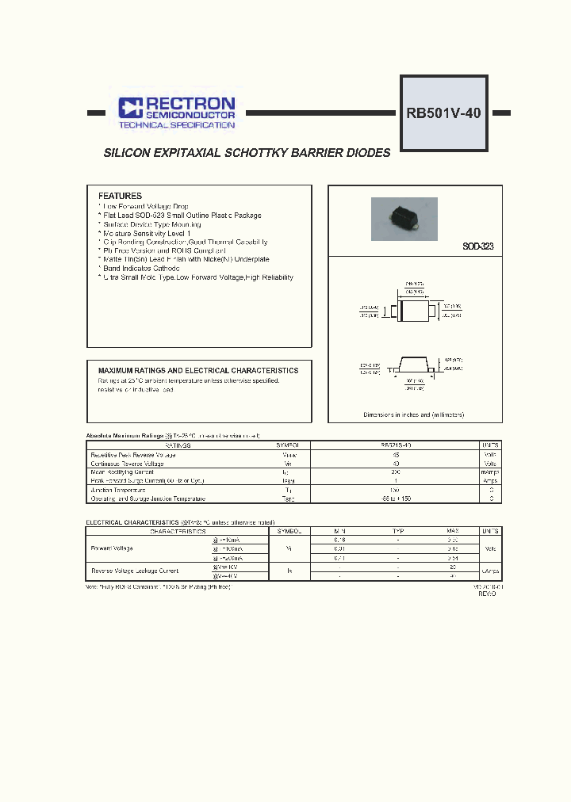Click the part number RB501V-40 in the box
pos(443,113)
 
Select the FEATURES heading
pos(120,196)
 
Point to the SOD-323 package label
pos(477,247)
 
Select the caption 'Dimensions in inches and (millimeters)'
pos(413,415)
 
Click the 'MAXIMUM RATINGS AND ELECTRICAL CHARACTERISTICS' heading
pos(197,370)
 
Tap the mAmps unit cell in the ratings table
pos(491,472)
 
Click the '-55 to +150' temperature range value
pos(396,498)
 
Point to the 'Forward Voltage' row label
pos(112,548)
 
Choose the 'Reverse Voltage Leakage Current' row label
pos(135,571)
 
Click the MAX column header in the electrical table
pos(452,530)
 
